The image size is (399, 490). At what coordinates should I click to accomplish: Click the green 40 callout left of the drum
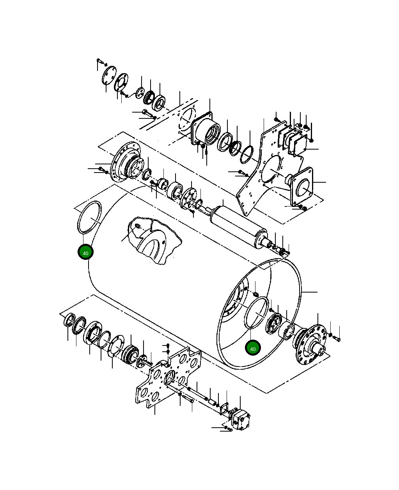(x=85, y=252)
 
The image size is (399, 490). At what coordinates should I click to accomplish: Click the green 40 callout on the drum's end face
(x=253, y=348)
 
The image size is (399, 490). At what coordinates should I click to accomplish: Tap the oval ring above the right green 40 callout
(x=257, y=313)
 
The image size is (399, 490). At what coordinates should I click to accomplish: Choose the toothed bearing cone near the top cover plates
(x=149, y=97)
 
